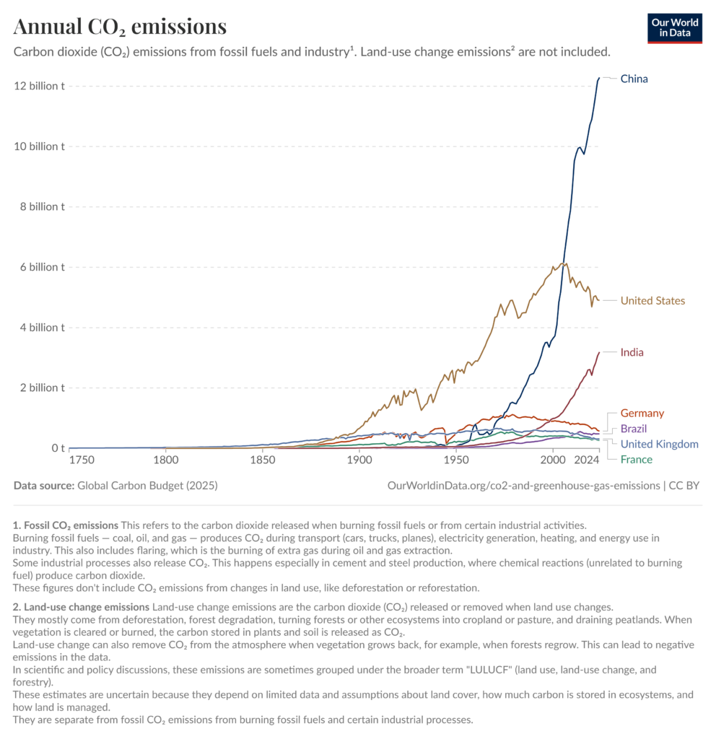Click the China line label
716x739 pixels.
634,79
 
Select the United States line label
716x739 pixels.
652,301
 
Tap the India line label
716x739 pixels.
632,352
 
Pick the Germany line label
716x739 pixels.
642,413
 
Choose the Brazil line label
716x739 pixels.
634,429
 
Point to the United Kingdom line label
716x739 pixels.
660,444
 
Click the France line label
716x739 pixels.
637,460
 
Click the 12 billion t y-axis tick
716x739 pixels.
40,86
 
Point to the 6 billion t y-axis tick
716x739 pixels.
42,267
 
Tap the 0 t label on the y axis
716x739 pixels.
58,447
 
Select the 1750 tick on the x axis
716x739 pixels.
82,460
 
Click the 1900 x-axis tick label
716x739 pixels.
359,460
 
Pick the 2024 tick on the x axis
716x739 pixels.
586,460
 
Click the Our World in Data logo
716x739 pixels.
675,28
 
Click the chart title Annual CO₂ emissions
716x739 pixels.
120,27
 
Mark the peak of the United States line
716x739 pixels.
566,263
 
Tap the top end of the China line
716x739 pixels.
599,78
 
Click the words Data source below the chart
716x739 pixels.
44,486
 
